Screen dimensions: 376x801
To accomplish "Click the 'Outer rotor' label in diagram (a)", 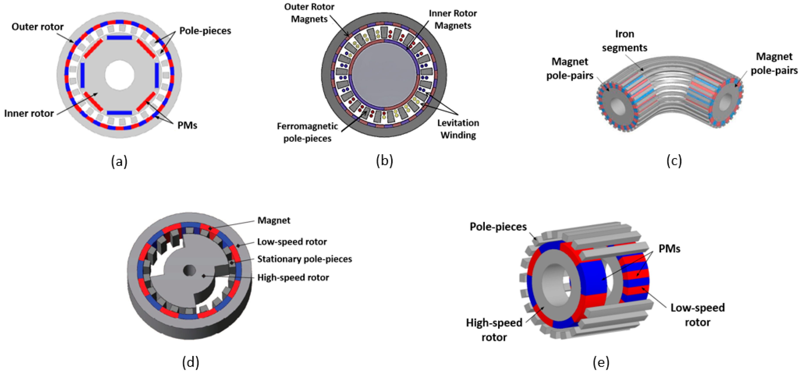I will click(x=37, y=27).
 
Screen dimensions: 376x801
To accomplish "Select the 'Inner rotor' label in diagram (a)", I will click(x=29, y=113).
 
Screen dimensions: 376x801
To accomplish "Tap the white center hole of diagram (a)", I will click(x=119, y=75).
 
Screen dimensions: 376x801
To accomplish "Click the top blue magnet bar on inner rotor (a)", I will click(x=119, y=38).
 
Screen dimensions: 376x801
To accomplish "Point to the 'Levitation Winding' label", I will click(x=458, y=129).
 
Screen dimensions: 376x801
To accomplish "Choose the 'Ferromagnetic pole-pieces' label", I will click(x=307, y=132).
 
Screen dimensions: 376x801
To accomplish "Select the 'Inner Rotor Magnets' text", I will click(x=453, y=19).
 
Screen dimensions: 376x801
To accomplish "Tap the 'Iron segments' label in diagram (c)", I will click(x=624, y=41).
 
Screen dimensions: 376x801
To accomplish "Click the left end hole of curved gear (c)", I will click(x=617, y=107).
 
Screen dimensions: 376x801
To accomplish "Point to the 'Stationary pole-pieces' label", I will click(x=304, y=259).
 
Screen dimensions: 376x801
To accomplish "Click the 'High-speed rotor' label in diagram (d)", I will click(x=293, y=277).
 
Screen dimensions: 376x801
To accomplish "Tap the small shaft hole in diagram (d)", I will click(x=189, y=270).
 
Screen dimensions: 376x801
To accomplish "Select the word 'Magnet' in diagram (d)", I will click(x=274, y=220).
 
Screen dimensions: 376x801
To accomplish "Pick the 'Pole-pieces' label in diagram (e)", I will click(x=498, y=227).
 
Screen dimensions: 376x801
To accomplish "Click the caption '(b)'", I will click(x=384, y=161).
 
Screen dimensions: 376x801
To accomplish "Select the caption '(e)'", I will click(x=601, y=362).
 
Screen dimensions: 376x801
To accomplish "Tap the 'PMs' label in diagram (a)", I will click(x=187, y=125).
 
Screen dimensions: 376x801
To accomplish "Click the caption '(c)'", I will click(x=674, y=161).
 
